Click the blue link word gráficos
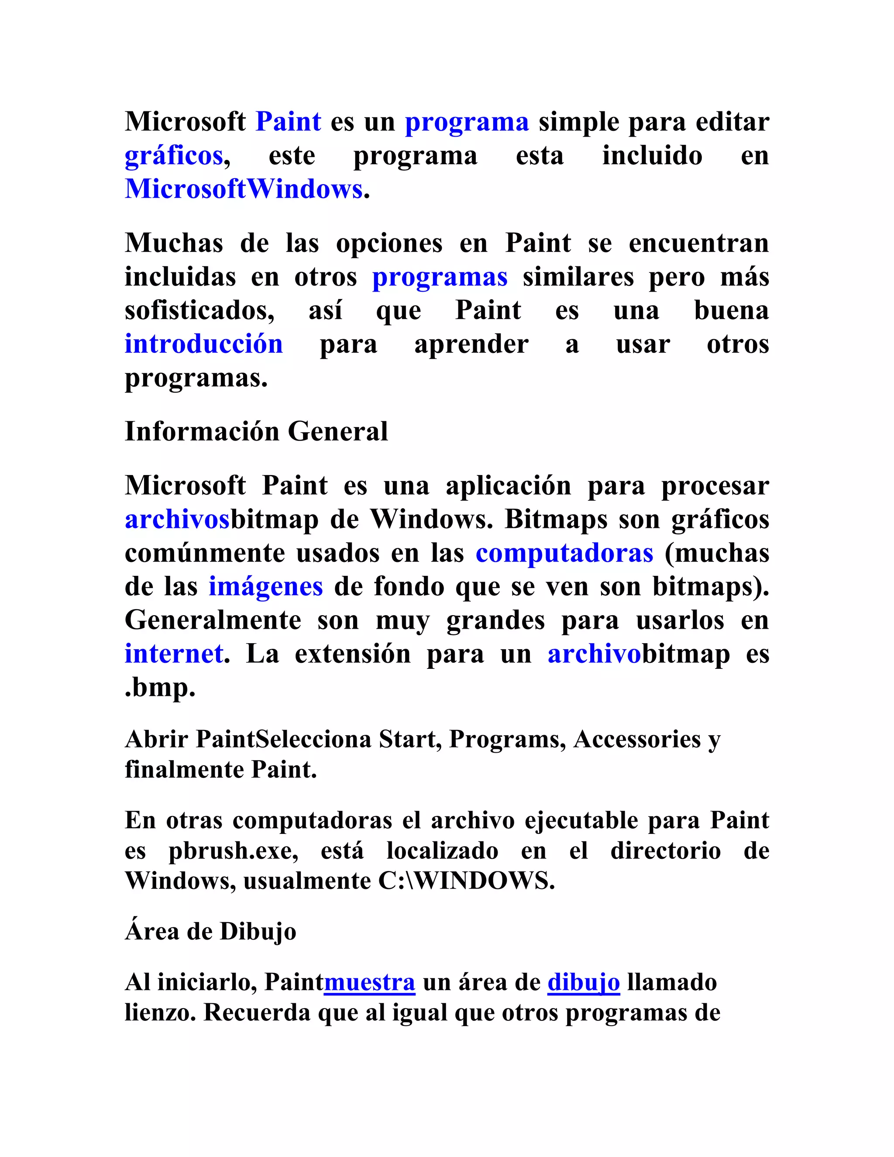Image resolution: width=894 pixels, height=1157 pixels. click(174, 156)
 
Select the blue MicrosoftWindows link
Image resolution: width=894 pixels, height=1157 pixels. click(244, 189)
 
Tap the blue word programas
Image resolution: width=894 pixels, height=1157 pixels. click(440, 277)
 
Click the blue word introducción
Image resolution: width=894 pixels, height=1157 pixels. click(203, 344)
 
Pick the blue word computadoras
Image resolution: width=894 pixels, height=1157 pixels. click(564, 554)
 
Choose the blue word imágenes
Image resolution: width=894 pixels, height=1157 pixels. click(265, 587)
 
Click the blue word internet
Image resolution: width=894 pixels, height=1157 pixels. click(174, 654)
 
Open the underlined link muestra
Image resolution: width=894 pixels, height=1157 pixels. click(369, 982)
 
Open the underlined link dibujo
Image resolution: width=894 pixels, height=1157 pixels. click(583, 982)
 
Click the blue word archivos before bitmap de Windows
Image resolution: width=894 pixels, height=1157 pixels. click(177, 520)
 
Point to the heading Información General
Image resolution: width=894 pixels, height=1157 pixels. click(256, 431)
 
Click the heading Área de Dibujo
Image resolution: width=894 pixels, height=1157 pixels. click(210, 931)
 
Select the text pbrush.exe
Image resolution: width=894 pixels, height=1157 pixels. click(233, 851)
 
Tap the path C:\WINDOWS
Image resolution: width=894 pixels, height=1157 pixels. click(466, 881)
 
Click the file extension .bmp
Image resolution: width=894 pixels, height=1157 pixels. click(160, 688)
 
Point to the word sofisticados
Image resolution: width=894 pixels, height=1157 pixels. click(199, 311)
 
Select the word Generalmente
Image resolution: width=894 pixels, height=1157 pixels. click(213, 620)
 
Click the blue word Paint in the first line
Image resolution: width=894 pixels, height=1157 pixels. click(288, 122)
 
